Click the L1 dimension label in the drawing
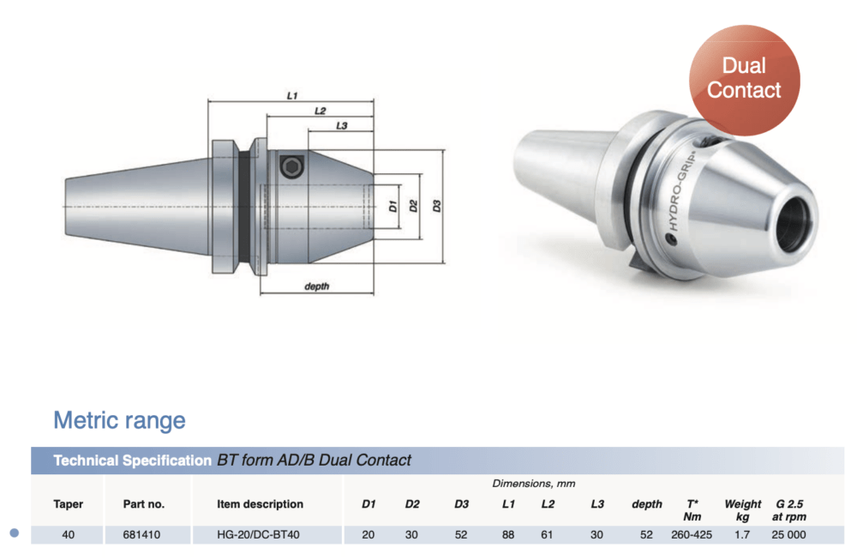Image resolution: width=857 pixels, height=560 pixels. coord(292,96)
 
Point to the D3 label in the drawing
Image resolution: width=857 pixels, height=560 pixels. coord(437,206)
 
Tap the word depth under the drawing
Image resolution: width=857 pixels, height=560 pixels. coord(316,286)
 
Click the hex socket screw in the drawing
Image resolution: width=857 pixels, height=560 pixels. coord(292,166)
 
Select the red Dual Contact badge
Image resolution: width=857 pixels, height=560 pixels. coord(744,79)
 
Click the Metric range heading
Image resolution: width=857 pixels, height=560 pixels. coord(119,421)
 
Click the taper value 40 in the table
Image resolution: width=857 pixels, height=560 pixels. coord(68,535)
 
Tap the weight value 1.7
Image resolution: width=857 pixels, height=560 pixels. coord(742,535)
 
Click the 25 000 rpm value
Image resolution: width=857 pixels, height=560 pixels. coord(788,535)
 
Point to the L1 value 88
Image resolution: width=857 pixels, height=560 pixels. coord(508,535)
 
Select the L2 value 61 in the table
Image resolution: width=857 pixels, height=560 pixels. coord(548,535)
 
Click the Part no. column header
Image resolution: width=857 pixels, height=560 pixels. coord(143,504)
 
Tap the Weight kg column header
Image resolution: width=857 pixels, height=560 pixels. coord(742,510)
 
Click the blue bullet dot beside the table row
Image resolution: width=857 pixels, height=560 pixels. coord(15,534)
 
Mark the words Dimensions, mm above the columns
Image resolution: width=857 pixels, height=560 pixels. coord(533,484)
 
